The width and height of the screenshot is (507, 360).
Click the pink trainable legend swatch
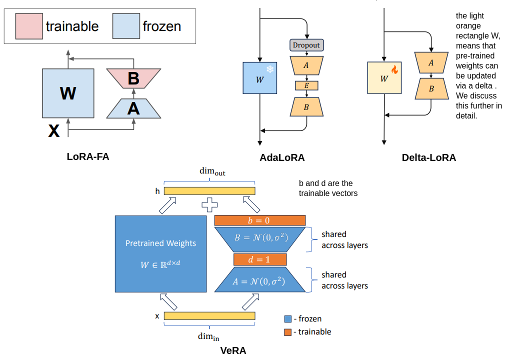point(28,26)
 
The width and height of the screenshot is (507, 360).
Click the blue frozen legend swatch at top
point(125,26)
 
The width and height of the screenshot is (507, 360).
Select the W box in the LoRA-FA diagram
point(67,93)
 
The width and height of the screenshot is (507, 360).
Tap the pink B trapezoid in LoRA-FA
point(133,78)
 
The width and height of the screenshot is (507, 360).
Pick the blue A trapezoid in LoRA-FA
point(133,108)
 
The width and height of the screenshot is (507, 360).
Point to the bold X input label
point(53,131)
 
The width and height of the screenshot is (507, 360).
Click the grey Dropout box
point(306,45)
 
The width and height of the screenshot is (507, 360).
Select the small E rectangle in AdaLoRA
point(306,85)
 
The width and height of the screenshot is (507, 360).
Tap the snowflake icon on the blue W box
point(269,69)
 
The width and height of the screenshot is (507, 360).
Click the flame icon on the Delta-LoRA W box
point(394,70)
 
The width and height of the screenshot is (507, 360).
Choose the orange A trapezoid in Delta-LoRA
point(430,62)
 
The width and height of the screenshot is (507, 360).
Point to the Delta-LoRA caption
point(428,158)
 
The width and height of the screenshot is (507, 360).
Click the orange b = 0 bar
point(259,220)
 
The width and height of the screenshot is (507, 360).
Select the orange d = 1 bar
point(259,259)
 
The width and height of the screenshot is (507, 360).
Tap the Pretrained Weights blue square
point(160,254)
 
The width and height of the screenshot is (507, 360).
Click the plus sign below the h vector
point(209,204)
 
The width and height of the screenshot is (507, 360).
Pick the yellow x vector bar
point(209,316)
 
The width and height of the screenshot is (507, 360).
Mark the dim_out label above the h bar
point(213,171)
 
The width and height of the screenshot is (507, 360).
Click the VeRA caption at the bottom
point(233,350)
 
